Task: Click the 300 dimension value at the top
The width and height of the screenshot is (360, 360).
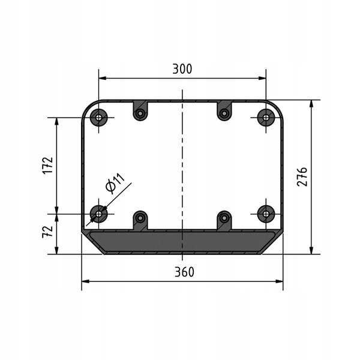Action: pyautogui.click(x=182, y=69)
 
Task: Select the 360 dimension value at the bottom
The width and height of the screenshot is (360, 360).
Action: pyautogui.click(x=184, y=272)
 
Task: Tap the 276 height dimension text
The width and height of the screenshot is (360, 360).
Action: pyautogui.click(x=302, y=177)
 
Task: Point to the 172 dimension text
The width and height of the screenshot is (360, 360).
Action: pyautogui.click(x=48, y=166)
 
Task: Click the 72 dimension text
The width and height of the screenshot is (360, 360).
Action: pyautogui.click(x=48, y=232)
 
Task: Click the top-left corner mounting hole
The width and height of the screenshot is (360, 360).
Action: pyautogui.click(x=99, y=118)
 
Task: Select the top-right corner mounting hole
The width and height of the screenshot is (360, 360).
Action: pyautogui.click(x=266, y=118)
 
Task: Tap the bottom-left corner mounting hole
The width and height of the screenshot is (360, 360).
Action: pyautogui.click(x=99, y=214)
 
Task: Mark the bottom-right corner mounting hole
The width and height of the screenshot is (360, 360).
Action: pyautogui.click(x=266, y=214)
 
